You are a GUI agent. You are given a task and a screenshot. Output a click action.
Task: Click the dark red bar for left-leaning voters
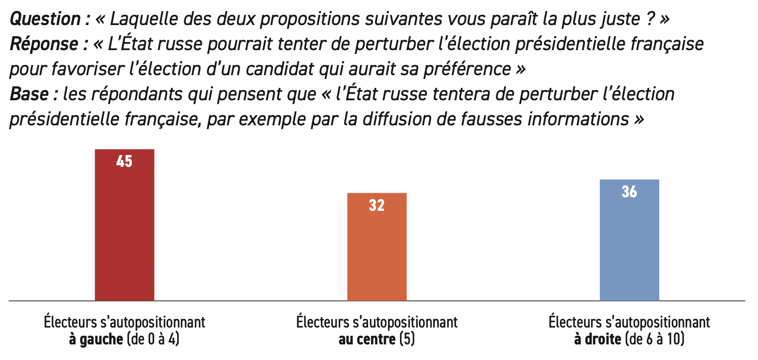tap(125, 230)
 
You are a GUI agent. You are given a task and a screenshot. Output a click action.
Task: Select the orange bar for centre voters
tap(377, 251)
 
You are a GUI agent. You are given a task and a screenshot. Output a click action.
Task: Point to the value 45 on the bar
tap(124, 162)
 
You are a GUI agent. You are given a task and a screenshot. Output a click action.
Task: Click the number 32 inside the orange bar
tap(377, 205)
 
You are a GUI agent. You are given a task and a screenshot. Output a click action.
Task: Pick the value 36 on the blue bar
tap(629, 192)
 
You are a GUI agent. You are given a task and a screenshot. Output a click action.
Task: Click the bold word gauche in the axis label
tap(101, 339)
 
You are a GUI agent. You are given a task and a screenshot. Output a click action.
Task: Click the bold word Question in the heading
tap(45, 19)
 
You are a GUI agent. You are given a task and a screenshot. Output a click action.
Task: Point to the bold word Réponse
tap(44, 44)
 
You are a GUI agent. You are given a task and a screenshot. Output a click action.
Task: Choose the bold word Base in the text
tap(30, 94)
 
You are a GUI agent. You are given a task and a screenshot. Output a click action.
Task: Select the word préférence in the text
tap(467, 69)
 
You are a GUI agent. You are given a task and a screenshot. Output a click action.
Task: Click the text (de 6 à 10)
tap(654, 339)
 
